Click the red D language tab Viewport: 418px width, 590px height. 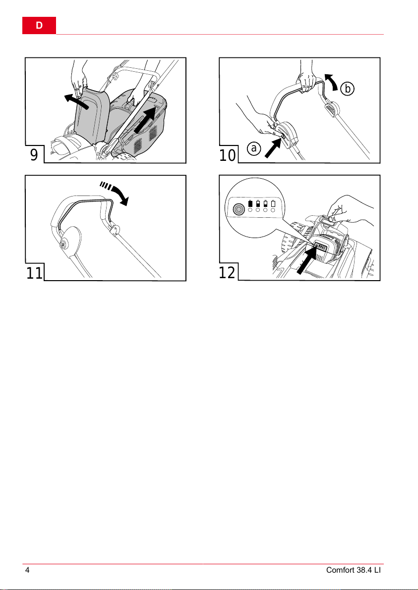pyautogui.click(x=39, y=26)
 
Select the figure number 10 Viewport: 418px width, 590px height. pyautogui.click(x=228, y=155)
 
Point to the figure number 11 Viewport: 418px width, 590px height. pyautogui.click(x=34, y=273)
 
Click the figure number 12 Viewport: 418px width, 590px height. pyautogui.click(x=228, y=273)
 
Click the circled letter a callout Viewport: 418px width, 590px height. pyautogui.click(x=254, y=148)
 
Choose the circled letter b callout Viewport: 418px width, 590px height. pyautogui.click(x=348, y=89)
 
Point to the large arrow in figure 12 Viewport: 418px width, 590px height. pyautogui.click(x=305, y=260)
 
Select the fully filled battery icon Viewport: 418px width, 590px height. pyautogui.click(x=250, y=204)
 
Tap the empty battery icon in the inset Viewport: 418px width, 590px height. pyautogui.click(x=273, y=204)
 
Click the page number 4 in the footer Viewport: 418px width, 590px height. pyautogui.click(x=27, y=570)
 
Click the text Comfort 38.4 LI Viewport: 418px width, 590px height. pyautogui.click(x=355, y=570)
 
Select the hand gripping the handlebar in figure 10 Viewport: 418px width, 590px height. pyautogui.click(x=307, y=80)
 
